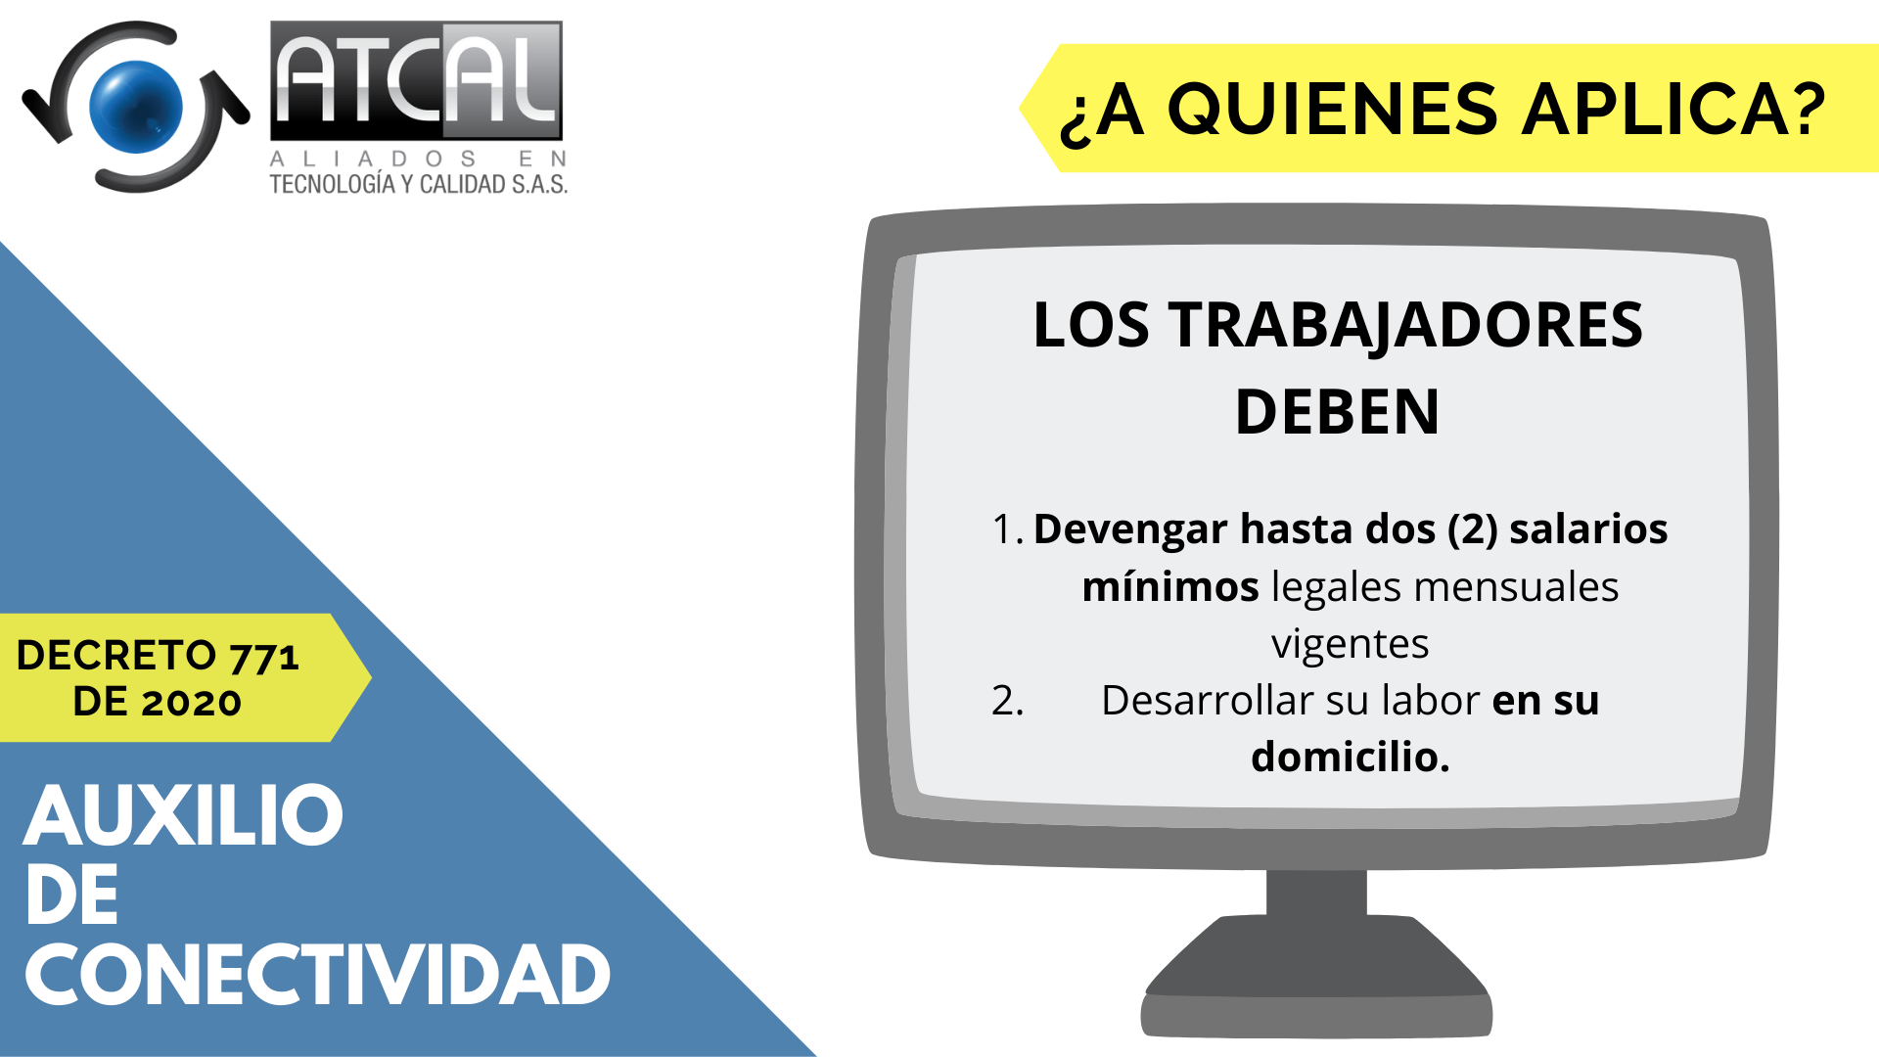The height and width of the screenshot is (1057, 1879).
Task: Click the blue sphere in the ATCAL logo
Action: [x=136, y=107]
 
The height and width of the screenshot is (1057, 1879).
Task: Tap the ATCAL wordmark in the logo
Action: [x=417, y=81]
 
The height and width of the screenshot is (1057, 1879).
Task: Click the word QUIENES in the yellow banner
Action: [x=1333, y=109]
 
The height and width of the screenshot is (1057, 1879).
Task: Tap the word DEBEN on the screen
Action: [x=1338, y=412]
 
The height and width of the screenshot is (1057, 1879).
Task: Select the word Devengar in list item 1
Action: [x=1130, y=530]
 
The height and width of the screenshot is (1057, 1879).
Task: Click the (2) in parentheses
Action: [x=1472, y=529]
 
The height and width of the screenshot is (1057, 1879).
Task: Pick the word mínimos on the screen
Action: [x=1170, y=587]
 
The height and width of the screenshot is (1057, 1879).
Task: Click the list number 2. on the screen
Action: [x=1007, y=701]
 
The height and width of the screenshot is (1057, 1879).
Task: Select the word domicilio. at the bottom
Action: [x=1351, y=757]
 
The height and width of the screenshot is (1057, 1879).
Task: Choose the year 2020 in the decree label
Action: [x=191, y=702]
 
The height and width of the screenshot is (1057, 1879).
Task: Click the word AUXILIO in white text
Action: [x=184, y=816]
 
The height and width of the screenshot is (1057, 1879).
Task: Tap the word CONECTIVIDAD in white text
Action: [x=318, y=976]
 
